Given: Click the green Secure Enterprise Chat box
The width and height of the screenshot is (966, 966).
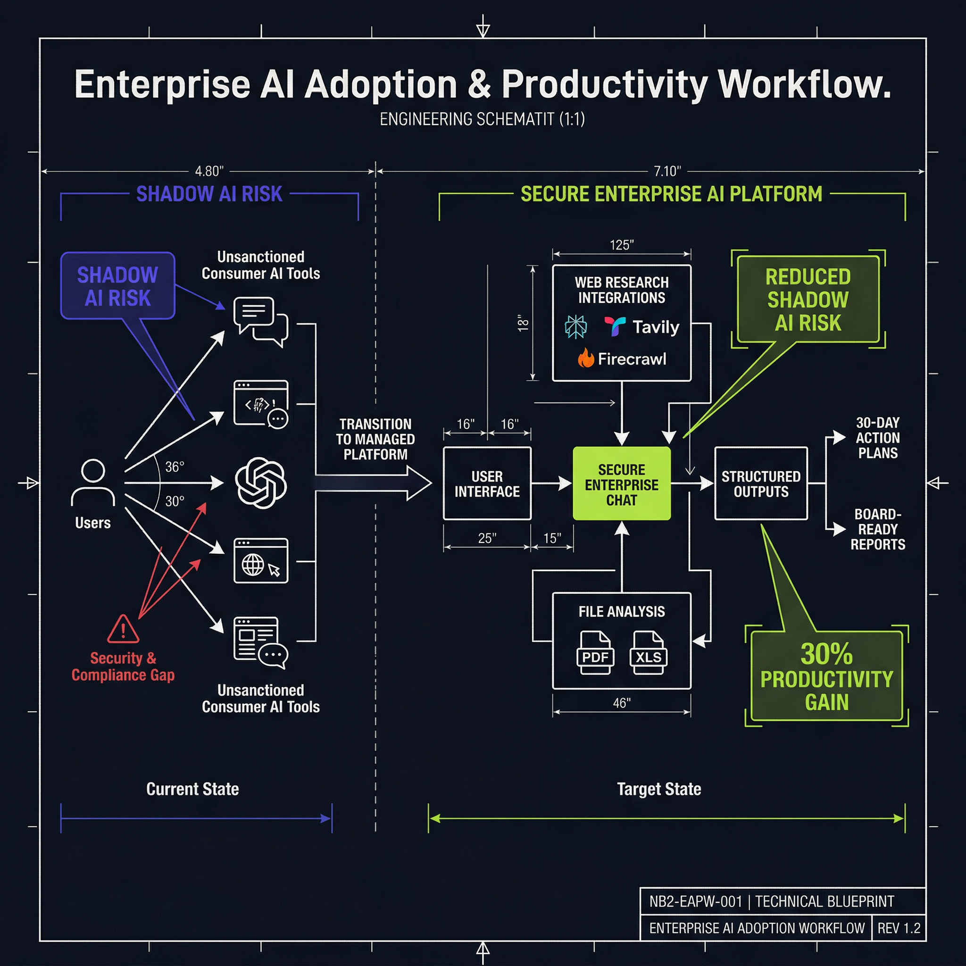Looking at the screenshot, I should (x=622, y=483).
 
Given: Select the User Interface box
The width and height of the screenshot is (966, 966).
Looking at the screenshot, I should (x=487, y=483).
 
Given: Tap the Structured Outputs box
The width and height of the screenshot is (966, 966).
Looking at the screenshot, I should (x=761, y=483).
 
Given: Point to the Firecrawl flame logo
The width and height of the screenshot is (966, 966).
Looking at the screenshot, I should (x=585, y=358).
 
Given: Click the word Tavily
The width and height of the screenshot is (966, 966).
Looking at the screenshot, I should (x=656, y=327).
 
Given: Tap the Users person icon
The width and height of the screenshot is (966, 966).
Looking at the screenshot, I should (x=93, y=483).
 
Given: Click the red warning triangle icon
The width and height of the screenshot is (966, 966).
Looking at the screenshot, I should (x=123, y=629).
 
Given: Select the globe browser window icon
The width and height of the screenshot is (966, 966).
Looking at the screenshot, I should (x=261, y=560).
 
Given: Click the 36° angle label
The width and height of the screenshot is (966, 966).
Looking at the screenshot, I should (x=175, y=467).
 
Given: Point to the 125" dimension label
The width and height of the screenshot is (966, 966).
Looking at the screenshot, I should (x=622, y=245).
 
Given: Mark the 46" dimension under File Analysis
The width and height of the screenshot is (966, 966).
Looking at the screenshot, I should (x=622, y=703).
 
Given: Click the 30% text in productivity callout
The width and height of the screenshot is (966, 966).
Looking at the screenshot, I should (x=826, y=653).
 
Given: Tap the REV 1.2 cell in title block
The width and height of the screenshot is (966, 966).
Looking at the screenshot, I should (x=899, y=928).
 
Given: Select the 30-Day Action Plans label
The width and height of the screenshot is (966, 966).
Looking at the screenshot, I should (x=877, y=438).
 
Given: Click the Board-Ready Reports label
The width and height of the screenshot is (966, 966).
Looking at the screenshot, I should (x=877, y=529).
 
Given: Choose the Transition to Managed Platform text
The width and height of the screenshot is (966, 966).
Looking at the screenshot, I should (x=375, y=439).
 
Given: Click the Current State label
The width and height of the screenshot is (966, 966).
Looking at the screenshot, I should (x=192, y=789).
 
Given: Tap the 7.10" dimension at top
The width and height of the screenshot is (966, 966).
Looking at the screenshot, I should (x=667, y=172).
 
